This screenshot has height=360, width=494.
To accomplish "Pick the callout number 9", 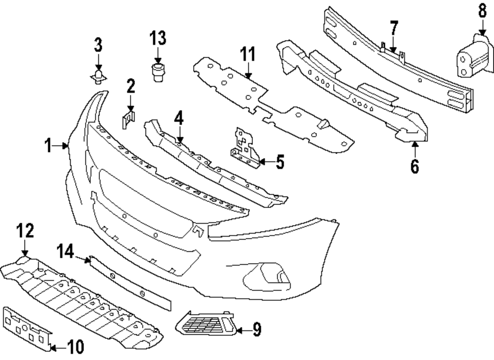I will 256,329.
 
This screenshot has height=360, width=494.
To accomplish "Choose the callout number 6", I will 414,166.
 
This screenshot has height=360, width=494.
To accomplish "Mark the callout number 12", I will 25,231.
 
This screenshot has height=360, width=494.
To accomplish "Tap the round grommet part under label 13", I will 158,71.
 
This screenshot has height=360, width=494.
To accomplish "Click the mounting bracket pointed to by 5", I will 246,146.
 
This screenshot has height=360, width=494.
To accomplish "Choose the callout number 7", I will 393,28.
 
